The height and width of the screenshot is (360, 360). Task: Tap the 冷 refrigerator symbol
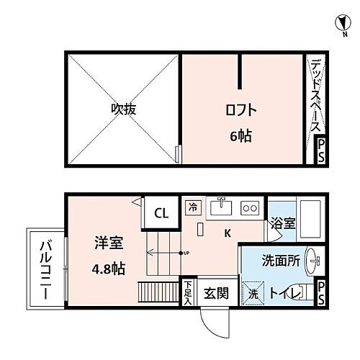[193, 206]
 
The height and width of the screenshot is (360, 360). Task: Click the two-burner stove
[251, 208]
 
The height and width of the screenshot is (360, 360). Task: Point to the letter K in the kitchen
[228, 233]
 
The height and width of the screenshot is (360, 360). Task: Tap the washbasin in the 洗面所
[311, 261]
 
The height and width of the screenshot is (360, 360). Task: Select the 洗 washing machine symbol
[253, 294]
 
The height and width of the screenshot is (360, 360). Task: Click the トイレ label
[282, 294]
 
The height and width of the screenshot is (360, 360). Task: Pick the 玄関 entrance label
[215, 293]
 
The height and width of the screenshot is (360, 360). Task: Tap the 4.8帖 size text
[109, 269]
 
